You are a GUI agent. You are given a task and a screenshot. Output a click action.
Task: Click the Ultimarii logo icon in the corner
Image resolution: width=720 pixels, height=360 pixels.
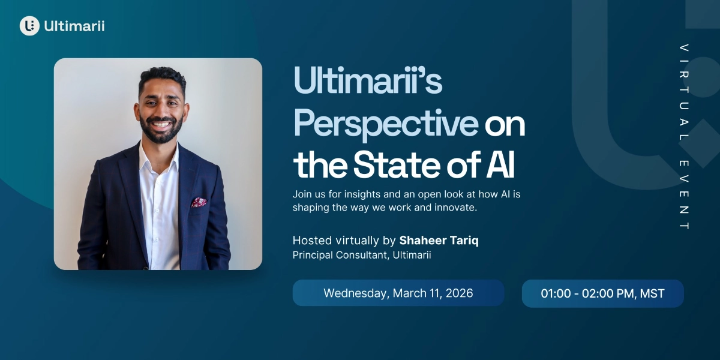[29, 26]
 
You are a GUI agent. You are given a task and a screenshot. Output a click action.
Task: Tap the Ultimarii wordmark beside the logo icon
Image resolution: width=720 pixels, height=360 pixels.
[74, 26]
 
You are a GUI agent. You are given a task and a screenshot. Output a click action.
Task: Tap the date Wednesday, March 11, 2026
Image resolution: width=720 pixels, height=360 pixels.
[398, 293]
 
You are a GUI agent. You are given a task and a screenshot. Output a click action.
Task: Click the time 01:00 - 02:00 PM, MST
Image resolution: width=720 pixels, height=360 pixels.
[602, 294]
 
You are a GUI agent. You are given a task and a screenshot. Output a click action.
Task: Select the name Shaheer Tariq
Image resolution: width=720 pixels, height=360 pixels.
[439, 241]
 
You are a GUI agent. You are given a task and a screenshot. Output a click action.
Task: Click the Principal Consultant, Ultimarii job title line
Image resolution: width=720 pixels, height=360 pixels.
[362, 255]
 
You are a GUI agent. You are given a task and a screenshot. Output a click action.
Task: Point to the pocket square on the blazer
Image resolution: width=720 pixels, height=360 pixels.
[199, 203]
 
